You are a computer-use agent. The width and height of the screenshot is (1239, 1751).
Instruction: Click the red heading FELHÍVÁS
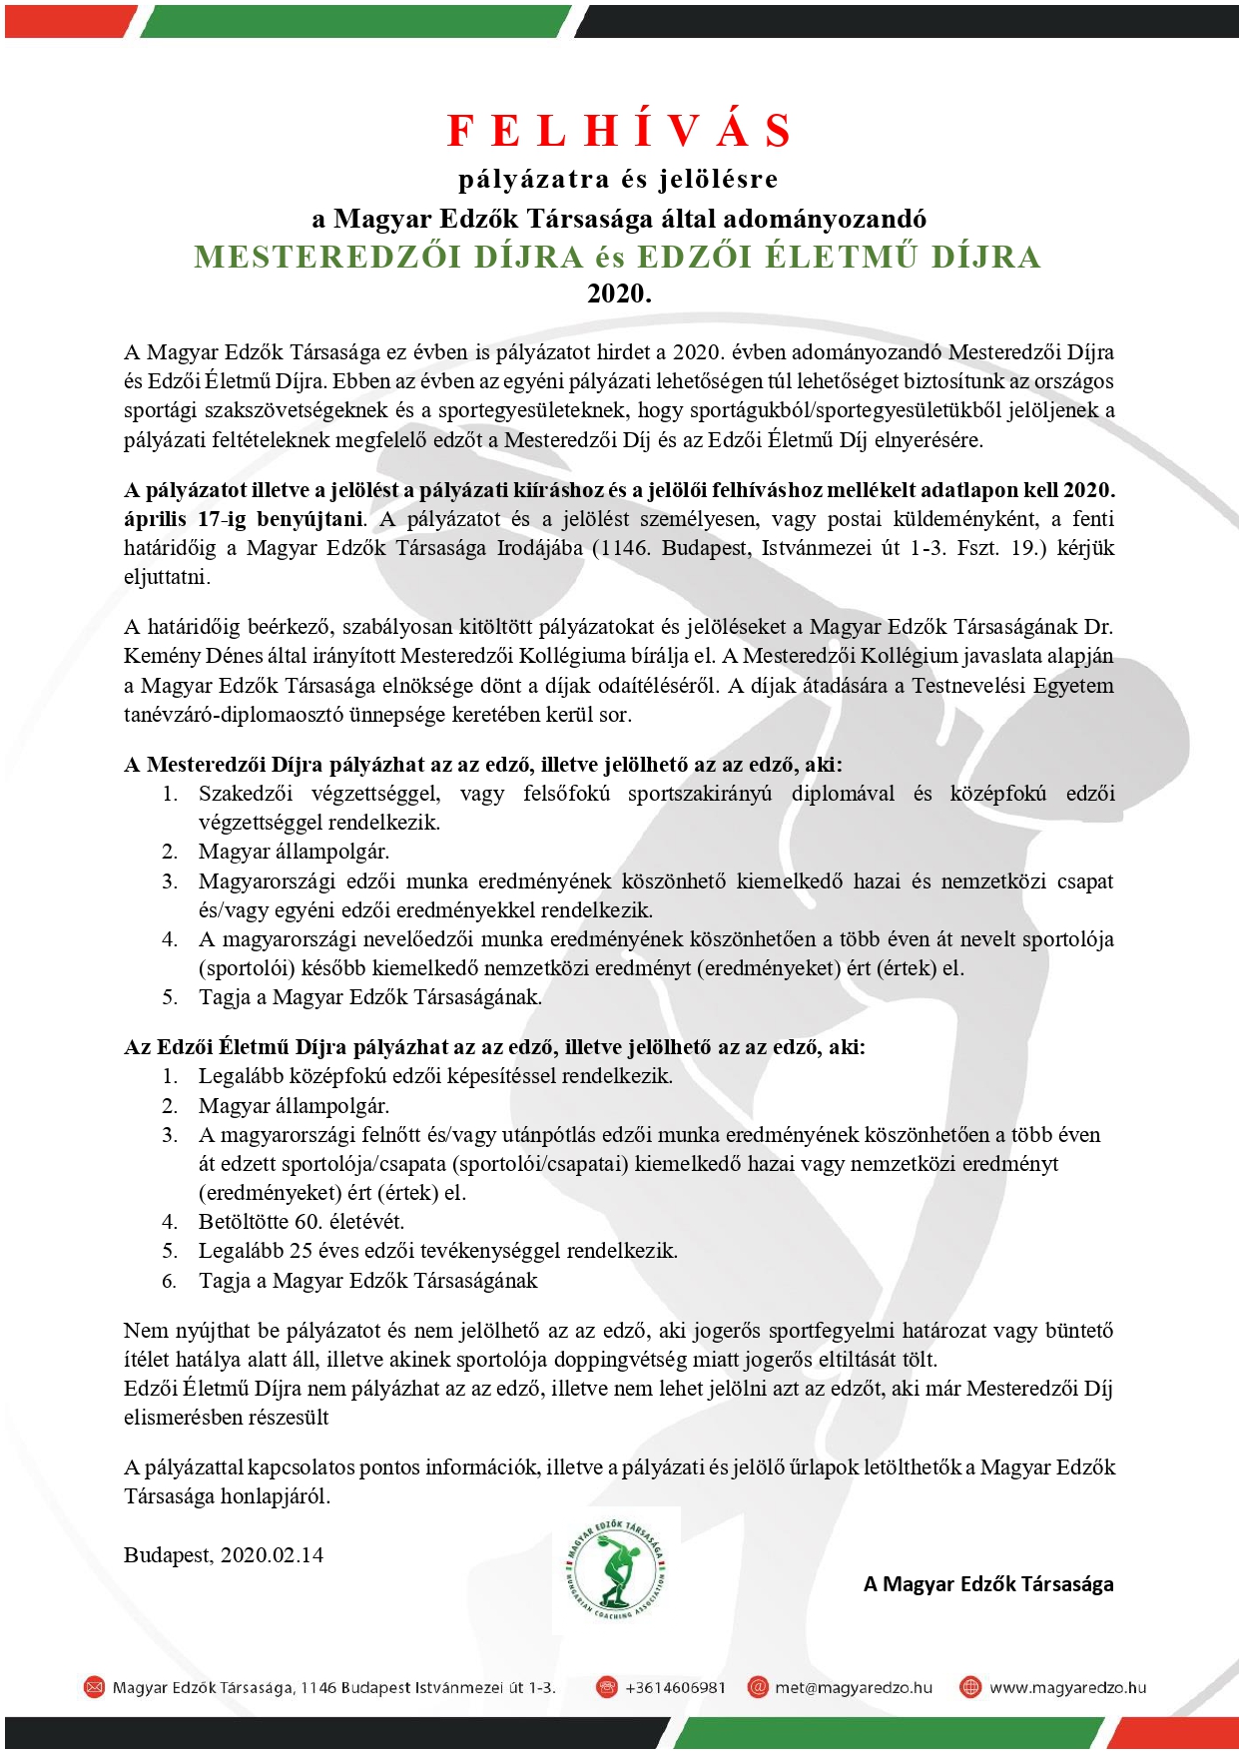tap(619, 131)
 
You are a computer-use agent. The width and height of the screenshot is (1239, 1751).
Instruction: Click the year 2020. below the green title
tap(619, 293)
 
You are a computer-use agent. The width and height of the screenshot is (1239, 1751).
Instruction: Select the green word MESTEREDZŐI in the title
tap(328, 257)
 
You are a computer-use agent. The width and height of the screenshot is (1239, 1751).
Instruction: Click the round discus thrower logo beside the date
tap(613, 1569)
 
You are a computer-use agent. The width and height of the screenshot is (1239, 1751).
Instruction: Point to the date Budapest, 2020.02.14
tap(224, 1554)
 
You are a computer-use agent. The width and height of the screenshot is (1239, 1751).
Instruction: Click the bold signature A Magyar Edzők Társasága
tap(988, 1583)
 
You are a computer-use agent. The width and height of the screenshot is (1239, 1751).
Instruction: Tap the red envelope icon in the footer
tap(94, 1687)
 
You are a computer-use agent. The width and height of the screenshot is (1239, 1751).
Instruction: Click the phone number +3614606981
tap(675, 1687)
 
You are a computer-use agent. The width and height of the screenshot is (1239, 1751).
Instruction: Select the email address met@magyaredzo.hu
tap(854, 1687)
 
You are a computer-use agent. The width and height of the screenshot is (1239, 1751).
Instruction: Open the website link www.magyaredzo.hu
tap(1067, 1687)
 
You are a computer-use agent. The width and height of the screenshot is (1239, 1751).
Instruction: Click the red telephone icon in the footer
tap(606, 1687)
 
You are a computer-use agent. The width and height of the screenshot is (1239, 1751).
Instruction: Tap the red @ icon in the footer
tap(758, 1687)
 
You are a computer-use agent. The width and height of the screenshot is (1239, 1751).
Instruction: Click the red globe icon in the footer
tap(969, 1687)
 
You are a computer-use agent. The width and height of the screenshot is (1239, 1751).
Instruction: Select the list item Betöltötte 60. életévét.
tap(302, 1221)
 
